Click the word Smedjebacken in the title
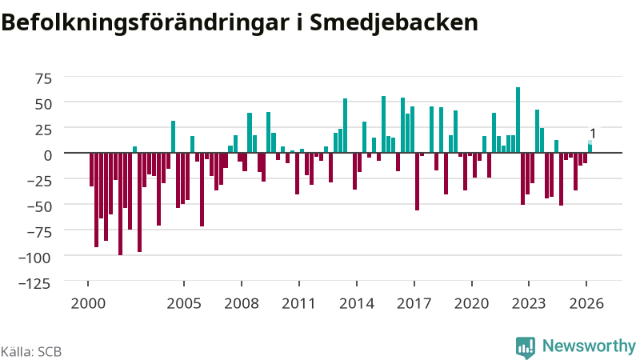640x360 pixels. [x=394, y=22]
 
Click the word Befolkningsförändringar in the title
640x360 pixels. [x=145, y=23]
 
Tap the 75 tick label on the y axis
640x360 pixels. [x=44, y=78]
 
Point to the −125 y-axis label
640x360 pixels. [x=34, y=283]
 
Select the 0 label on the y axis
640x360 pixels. [x=48, y=155]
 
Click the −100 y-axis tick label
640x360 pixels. [x=34, y=258]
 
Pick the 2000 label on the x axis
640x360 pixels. [x=88, y=303]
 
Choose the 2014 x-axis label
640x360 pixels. [x=357, y=303]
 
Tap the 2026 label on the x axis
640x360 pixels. [x=586, y=303]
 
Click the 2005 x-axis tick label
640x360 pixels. [x=184, y=303]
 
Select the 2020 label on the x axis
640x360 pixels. [x=471, y=303]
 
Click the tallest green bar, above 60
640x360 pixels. [x=518, y=120]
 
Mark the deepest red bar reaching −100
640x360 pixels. [x=121, y=204]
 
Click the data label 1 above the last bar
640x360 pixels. [x=593, y=134]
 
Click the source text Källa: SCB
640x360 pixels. [x=31, y=351]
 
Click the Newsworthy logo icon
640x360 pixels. [x=526, y=348]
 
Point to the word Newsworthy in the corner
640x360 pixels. [x=589, y=346]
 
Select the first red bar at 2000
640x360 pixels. [x=92, y=170]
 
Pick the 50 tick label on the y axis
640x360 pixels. [x=44, y=104]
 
